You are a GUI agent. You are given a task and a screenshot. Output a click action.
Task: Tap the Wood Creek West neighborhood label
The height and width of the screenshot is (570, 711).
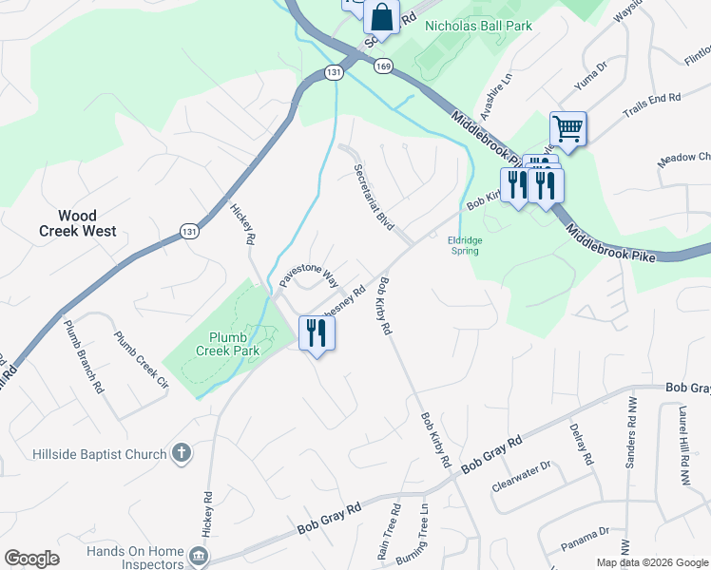point(78,223)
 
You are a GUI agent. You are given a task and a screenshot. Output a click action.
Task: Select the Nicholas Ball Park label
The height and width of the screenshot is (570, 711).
point(478,26)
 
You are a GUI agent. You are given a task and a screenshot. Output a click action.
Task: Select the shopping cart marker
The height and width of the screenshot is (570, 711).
point(567,128)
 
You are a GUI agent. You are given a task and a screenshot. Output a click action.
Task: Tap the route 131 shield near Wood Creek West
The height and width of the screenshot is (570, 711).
point(189,230)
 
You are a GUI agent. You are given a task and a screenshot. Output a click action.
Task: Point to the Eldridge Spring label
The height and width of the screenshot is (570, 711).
point(465,246)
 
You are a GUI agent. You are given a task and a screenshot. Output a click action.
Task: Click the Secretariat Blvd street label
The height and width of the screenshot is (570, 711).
point(374,197)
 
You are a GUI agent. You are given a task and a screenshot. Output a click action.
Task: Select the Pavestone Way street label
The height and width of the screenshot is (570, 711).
point(309,271)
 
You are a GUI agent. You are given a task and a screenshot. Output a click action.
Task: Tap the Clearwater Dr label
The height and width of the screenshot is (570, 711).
point(522,476)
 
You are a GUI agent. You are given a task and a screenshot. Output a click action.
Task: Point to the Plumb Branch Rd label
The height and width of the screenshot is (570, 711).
point(84,356)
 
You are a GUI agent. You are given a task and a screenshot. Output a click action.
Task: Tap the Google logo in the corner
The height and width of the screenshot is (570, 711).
point(32,559)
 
